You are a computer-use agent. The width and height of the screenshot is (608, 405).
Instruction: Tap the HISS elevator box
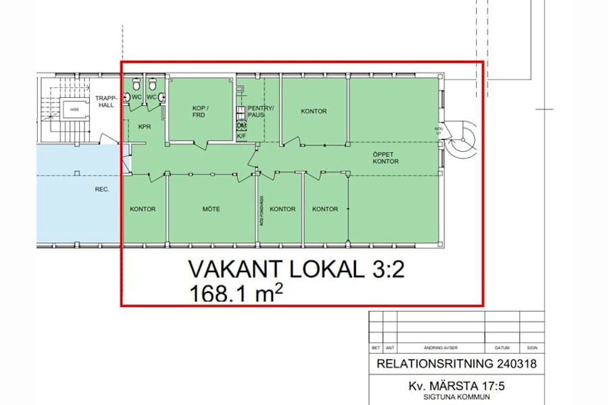tap(72, 109)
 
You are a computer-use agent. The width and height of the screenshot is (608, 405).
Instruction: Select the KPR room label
tap(144, 126)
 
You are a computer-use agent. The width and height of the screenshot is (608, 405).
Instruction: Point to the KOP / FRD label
tap(198, 111)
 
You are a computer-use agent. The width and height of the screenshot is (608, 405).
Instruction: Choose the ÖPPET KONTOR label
tap(386, 158)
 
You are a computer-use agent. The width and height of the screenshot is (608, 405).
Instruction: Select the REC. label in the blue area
tap(102, 189)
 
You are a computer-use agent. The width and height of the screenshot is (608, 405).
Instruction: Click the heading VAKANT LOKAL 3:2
tap(297, 270)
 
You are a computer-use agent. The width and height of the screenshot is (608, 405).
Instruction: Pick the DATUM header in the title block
tap(501, 348)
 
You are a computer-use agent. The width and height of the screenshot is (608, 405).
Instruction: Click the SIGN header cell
tap(532, 348)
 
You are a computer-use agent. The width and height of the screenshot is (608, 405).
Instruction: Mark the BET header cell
tap(376, 348)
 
